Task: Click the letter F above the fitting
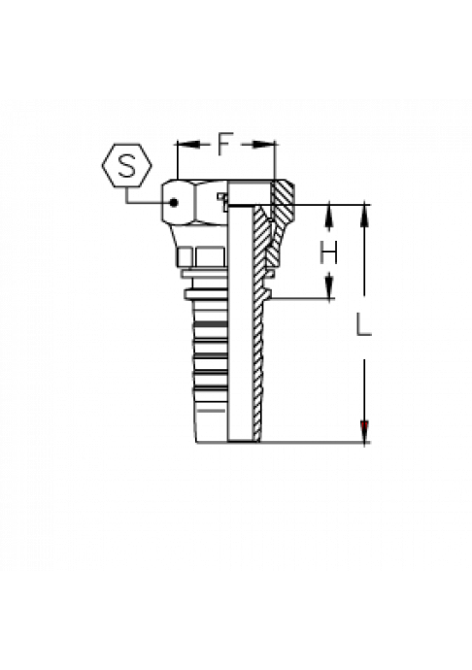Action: [225, 144]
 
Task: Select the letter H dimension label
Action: [328, 252]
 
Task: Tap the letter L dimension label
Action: [363, 324]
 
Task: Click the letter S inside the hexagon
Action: [127, 165]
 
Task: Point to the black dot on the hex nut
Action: [173, 203]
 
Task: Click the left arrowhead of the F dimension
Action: [187, 145]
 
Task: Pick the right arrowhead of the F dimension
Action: [264, 145]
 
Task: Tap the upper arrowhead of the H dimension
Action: [329, 216]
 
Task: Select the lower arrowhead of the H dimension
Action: [329, 286]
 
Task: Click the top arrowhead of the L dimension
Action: [364, 216]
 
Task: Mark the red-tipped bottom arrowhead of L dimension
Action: [364, 431]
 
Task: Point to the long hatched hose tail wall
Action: [257, 324]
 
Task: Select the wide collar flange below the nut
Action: [205, 294]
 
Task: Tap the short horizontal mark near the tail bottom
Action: [212, 411]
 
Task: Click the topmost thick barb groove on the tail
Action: [210, 324]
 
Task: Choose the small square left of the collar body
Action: [185, 257]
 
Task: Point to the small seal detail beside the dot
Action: [221, 201]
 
